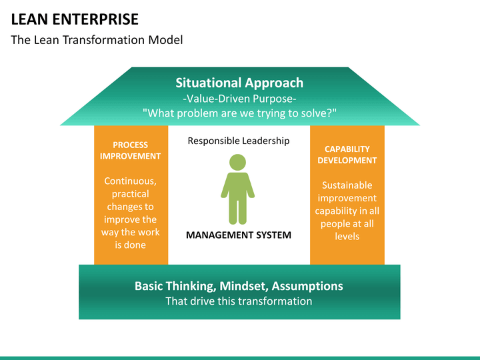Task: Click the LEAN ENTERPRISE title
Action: click(75, 19)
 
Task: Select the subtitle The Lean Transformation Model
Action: click(97, 40)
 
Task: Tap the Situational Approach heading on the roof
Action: click(239, 83)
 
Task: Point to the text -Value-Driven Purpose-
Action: click(239, 99)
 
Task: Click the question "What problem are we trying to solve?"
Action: click(239, 113)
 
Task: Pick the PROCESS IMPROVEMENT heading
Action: click(131, 150)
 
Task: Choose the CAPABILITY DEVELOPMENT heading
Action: click(347, 155)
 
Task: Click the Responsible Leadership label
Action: click(239, 141)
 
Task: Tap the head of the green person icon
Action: click(237, 162)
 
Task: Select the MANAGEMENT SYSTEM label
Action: click(239, 235)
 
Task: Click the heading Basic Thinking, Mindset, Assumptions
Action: click(239, 286)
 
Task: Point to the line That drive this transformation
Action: click(239, 301)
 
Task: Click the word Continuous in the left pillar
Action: click(131, 181)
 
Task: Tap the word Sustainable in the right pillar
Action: click(347, 185)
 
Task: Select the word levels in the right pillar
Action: click(347, 236)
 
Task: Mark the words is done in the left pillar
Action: click(131, 245)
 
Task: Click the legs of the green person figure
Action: click(237, 212)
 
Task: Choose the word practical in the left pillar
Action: click(131, 194)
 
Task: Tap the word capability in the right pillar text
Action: click(336, 211)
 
